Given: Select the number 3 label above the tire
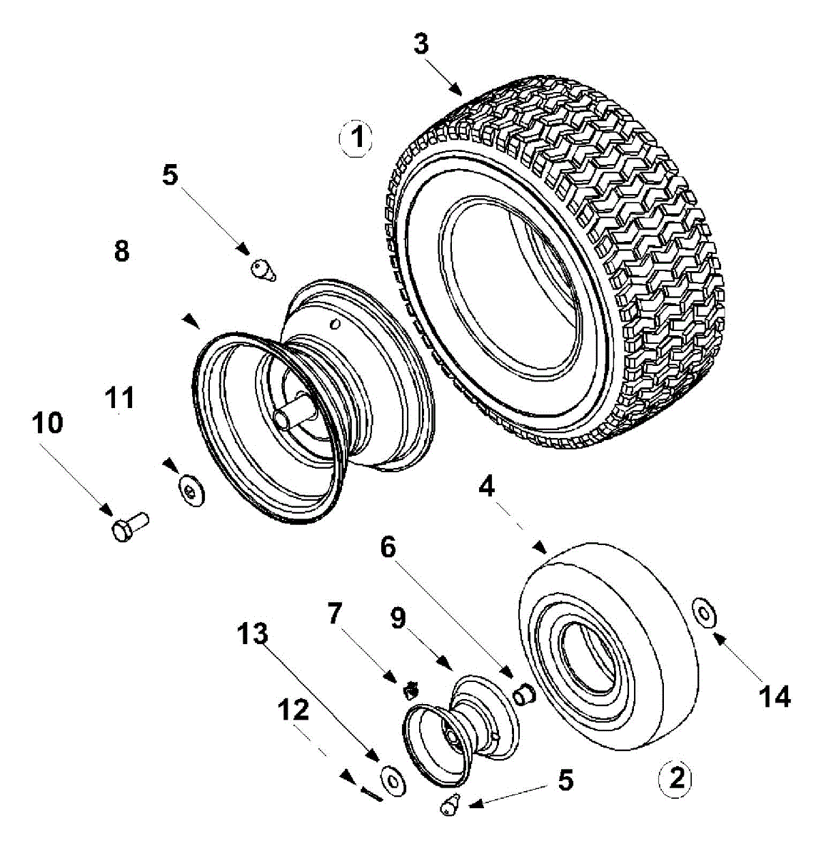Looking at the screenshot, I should coord(421,44).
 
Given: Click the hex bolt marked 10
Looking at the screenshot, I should coord(129,526).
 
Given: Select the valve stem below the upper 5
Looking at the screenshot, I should coord(263,270).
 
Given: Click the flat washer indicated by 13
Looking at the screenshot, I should coord(392,778).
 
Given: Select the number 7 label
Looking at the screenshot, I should coord(334,612).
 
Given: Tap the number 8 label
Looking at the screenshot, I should coord(121,250).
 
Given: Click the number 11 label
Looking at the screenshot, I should coord(119,397).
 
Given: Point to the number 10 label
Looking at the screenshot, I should coord(46,424).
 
